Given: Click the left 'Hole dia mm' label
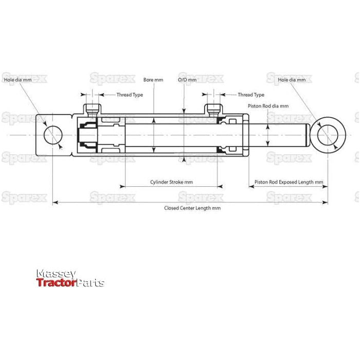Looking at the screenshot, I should coord(17,80).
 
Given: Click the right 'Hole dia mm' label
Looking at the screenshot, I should coord(295,80).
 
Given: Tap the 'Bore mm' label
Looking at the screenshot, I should coord(153,80).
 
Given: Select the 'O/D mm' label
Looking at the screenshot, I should coord(187,80).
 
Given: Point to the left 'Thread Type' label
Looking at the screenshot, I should coord(130,95).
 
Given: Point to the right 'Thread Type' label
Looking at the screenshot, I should coord(251,95).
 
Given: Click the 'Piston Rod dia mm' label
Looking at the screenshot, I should coord(268,105).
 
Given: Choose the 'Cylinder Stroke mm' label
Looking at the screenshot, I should coord(171,182).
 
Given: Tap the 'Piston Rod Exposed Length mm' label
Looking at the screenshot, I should coord(289,182).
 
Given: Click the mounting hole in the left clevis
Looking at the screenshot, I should coord(53,136).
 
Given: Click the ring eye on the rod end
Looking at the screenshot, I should coord(327,135).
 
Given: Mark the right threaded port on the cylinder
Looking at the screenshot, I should coord(213,109).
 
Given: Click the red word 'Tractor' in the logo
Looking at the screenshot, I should coord(56,283).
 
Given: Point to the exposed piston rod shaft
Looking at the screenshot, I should coord(280,135).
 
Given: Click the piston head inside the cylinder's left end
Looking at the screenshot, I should coord(86,135).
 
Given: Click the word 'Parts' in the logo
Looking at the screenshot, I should coord(91,283).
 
